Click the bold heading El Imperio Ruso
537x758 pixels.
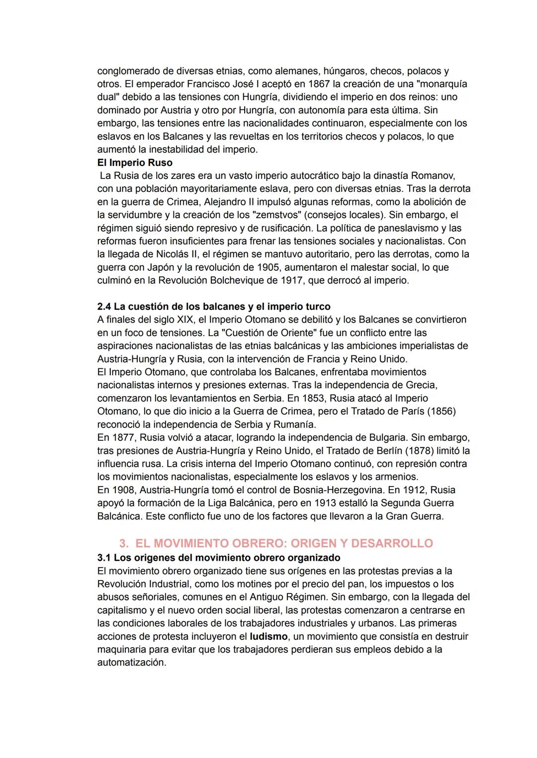click(135, 163)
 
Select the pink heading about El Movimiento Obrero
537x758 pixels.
click(276, 543)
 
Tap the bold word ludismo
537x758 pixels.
click(268, 636)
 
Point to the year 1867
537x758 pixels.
click(319, 84)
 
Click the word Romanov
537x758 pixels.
click(433, 175)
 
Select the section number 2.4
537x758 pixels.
click(104, 307)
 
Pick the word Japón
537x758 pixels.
click(161, 267)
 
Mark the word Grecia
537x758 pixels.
click(422, 385)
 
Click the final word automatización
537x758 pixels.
click(131, 663)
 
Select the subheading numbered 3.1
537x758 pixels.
click(219, 558)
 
